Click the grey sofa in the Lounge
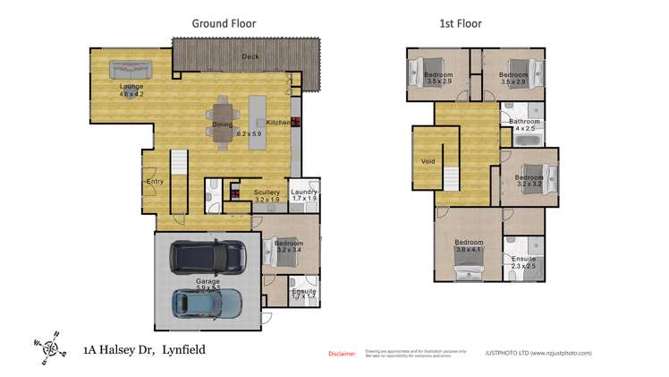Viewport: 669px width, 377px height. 131,70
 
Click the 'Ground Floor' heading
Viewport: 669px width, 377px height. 224,23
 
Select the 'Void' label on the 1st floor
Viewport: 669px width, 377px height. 428,162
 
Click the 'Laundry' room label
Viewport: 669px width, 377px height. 305,191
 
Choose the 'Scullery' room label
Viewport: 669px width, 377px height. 267,192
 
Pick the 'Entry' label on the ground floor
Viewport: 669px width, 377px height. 155,182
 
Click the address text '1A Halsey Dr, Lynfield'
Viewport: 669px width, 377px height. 144,349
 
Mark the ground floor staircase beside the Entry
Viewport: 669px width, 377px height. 178,183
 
